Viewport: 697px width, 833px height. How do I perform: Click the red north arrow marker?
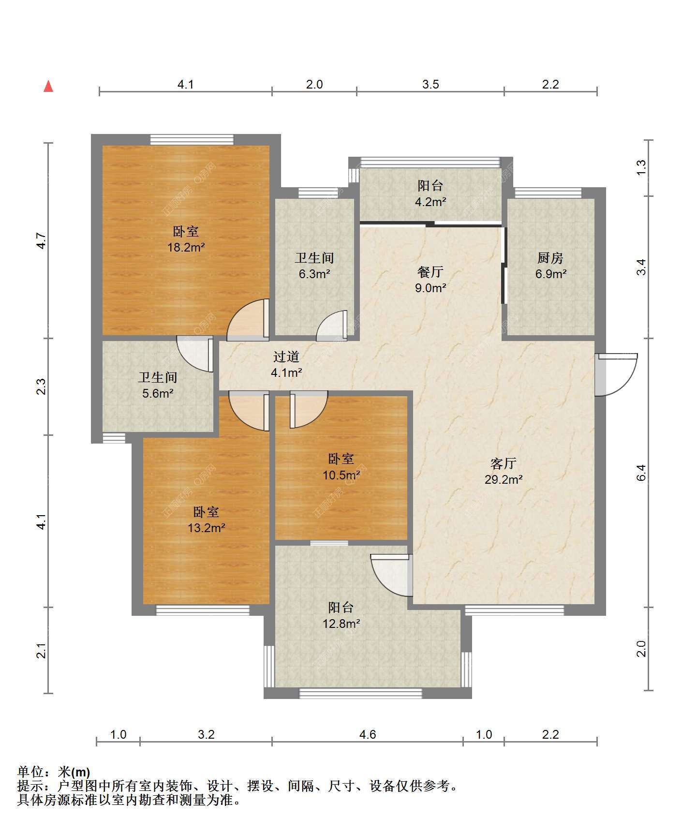tap(48, 87)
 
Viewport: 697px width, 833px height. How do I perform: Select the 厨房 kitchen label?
tap(550, 258)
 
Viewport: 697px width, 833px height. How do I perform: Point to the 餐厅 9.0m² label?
tap(431, 280)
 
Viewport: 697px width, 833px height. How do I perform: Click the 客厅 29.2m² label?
tap(504, 472)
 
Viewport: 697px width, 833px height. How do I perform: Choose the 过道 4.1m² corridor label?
tap(287, 365)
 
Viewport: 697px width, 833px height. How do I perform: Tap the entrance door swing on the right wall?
tap(616, 375)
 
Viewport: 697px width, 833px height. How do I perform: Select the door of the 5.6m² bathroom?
tap(195, 354)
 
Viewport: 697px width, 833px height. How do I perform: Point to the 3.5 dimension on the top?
tap(430, 84)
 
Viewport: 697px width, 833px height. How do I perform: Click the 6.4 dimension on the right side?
tap(641, 473)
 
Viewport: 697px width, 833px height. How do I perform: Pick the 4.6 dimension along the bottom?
tap(368, 734)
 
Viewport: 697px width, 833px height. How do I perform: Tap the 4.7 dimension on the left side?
tap(42, 241)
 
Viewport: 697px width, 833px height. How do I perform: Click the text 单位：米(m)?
tap(54, 773)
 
